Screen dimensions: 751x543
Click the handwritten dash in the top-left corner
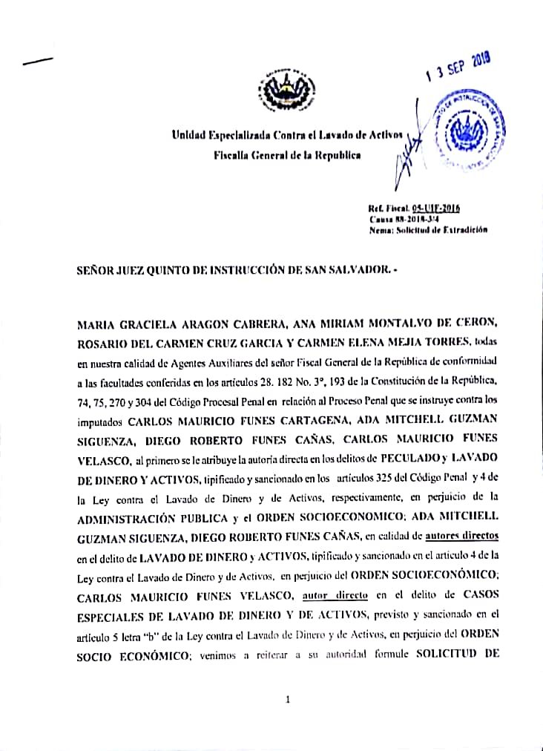[x=38, y=62]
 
